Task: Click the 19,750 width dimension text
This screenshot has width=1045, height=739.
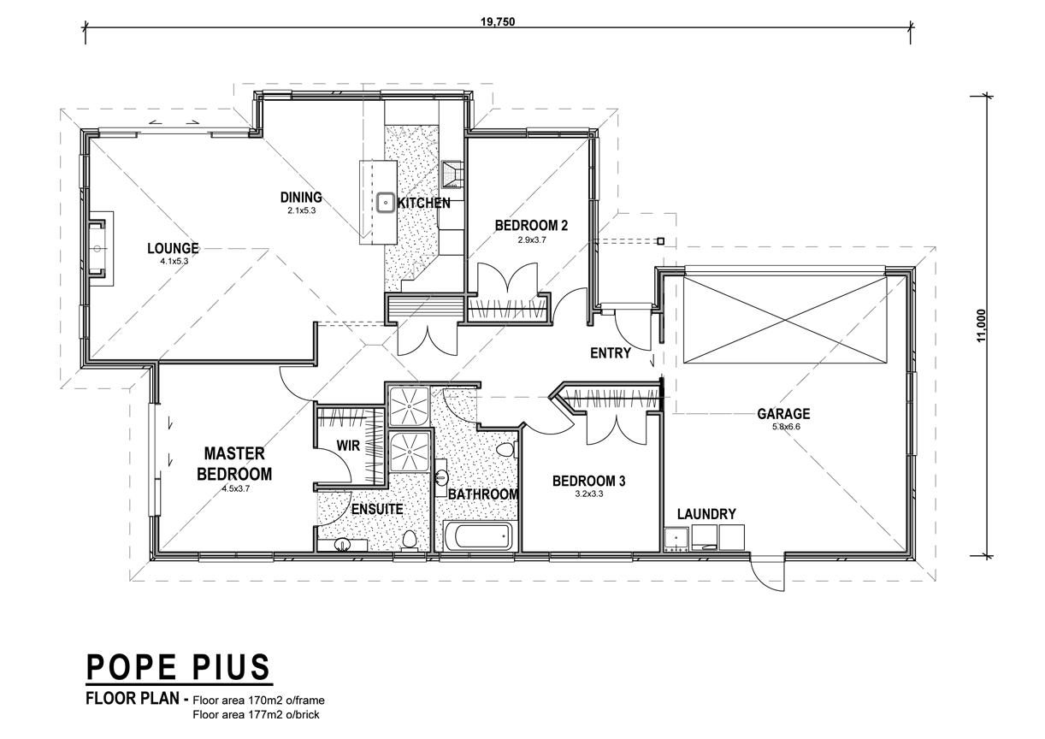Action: tap(498, 22)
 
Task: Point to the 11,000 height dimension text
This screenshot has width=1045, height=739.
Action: tap(981, 325)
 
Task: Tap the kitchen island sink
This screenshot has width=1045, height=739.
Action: tap(387, 203)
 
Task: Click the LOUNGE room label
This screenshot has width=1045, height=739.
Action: tap(173, 248)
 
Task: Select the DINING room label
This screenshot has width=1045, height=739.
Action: tap(301, 198)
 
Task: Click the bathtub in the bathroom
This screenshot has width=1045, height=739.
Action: tap(479, 535)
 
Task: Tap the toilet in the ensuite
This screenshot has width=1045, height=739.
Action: tap(409, 541)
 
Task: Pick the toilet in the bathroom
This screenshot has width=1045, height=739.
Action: tap(505, 450)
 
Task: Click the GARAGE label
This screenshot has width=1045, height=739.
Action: tap(783, 414)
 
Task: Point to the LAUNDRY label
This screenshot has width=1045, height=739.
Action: tap(706, 514)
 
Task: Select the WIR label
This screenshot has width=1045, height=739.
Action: tap(349, 446)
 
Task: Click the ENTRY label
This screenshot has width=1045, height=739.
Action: tap(611, 353)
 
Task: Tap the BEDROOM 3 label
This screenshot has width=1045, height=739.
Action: tap(588, 481)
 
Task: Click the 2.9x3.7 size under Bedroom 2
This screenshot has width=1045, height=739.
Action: tap(531, 240)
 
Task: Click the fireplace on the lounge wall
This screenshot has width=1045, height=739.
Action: tap(98, 249)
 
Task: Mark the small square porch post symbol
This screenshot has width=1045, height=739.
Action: tap(660, 241)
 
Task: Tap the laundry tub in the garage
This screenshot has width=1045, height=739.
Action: tap(676, 540)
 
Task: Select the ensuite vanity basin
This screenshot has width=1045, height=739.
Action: tap(343, 545)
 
